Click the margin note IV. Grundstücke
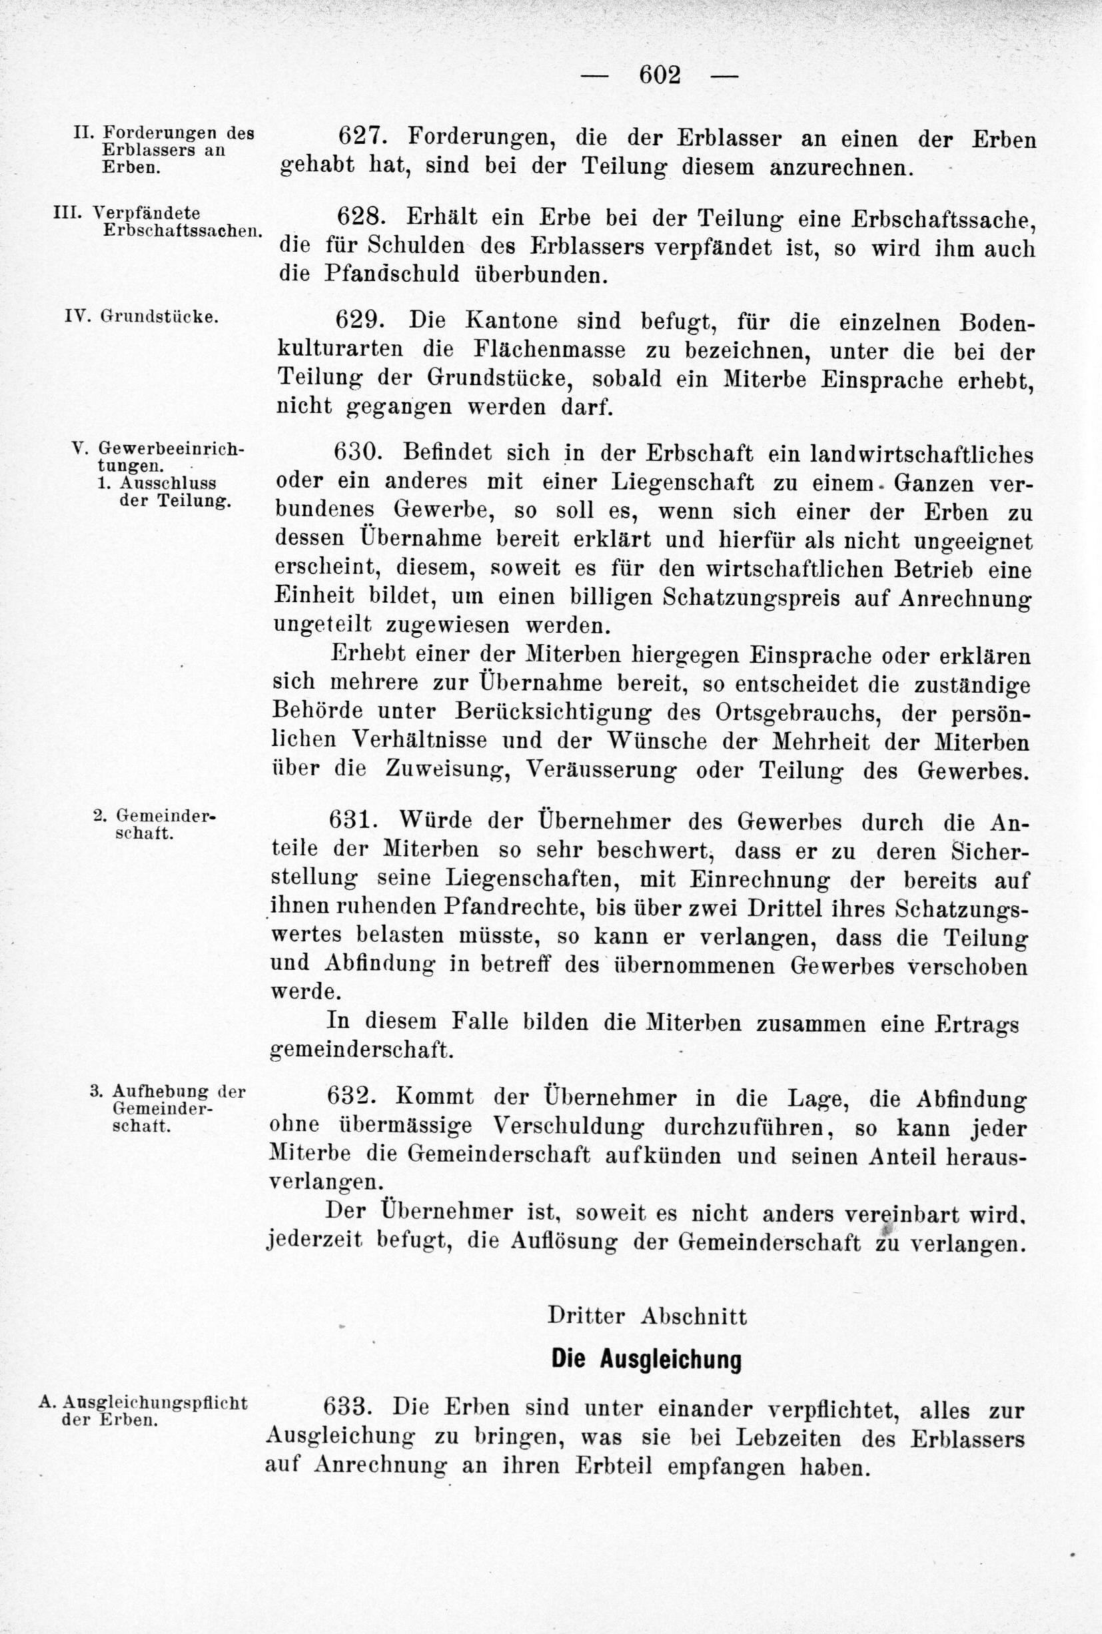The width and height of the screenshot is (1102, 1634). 141,317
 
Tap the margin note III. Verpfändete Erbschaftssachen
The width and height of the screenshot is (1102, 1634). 157,221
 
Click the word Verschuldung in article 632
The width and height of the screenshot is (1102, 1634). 568,1127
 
